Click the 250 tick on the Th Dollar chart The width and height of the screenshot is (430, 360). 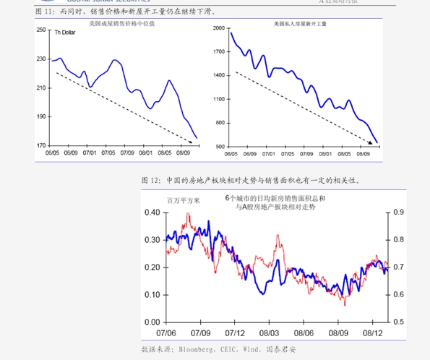pyautogui.click(x=40, y=30)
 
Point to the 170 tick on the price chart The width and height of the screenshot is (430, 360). pyautogui.click(x=40, y=146)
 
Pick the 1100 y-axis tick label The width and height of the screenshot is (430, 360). pyautogui.click(x=219, y=99)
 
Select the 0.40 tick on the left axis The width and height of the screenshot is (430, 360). pyautogui.click(x=150, y=213)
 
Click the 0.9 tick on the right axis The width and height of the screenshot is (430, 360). pyautogui.click(x=399, y=213)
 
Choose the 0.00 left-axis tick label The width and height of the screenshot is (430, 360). pyautogui.click(x=150, y=322)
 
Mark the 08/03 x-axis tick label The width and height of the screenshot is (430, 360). pyautogui.click(x=270, y=333)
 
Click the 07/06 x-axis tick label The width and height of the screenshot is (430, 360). pyautogui.click(x=167, y=333)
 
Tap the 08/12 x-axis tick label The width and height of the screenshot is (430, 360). pyautogui.click(x=373, y=333)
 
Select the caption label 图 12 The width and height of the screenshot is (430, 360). pyautogui.click(x=150, y=180)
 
